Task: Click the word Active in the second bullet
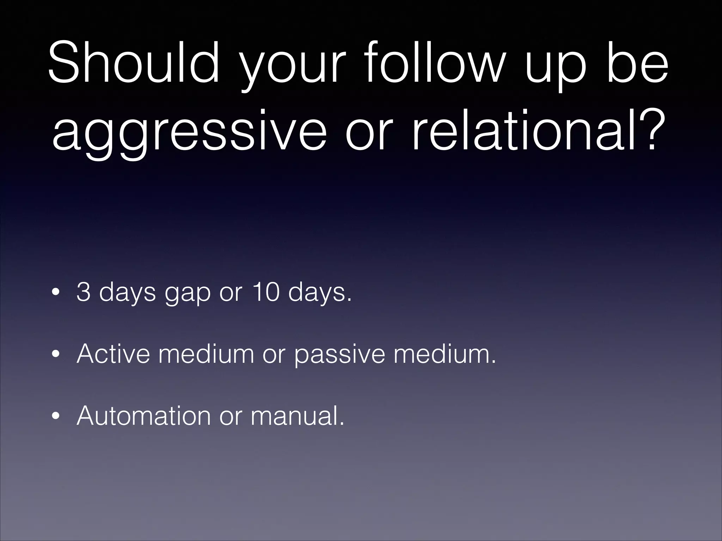(113, 354)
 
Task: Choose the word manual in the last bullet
(296, 415)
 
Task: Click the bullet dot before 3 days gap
(55, 293)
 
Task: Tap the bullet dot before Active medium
(55, 355)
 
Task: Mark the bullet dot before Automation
(55, 417)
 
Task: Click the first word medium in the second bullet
(206, 354)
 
